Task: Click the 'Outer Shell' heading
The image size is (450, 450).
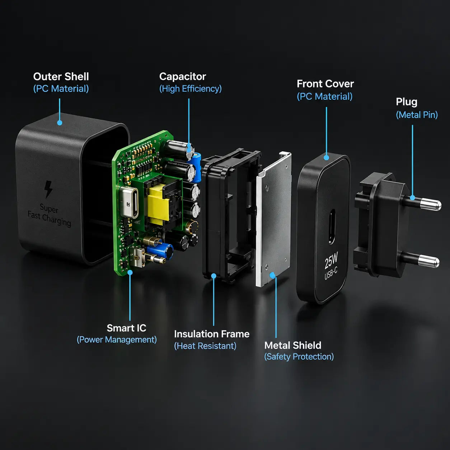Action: pos(61,76)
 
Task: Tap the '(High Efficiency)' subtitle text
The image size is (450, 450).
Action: pos(190,89)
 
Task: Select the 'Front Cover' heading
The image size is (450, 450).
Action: pos(325,84)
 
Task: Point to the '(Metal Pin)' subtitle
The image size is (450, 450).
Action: pos(417,115)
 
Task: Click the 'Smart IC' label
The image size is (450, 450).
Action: pos(126,328)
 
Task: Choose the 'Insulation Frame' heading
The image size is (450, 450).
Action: pos(212,334)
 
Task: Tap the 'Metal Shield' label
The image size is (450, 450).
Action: pos(293,345)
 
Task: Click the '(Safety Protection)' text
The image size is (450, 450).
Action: pos(299,357)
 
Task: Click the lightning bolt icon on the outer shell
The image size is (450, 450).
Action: pos(48,189)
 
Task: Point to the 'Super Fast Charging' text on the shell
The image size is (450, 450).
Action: pos(49,215)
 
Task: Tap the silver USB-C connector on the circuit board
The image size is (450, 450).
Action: pos(129,202)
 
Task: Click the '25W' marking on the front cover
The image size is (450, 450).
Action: pos(331,260)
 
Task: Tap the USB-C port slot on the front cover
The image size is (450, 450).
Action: pos(332,226)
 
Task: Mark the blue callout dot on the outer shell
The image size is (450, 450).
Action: pos(60,123)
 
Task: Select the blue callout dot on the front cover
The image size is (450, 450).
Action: pos(326,158)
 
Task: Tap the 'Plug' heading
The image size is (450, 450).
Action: pos(407,102)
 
